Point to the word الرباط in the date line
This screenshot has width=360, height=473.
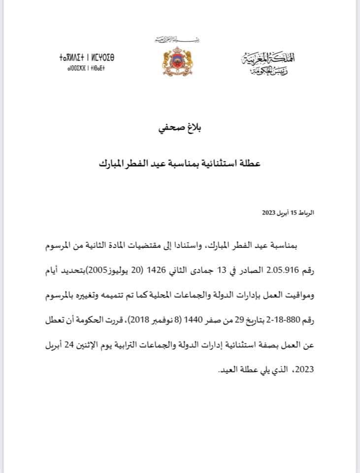coord(305,212)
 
